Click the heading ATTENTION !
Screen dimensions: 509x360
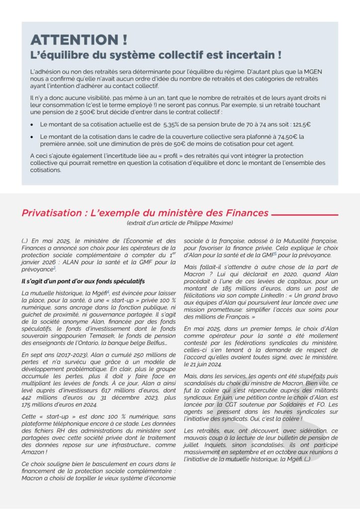click(x=79, y=40)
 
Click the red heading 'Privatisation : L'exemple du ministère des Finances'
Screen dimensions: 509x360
click(x=145, y=213)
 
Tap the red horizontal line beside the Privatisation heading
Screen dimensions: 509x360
click(x=304, y=215)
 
